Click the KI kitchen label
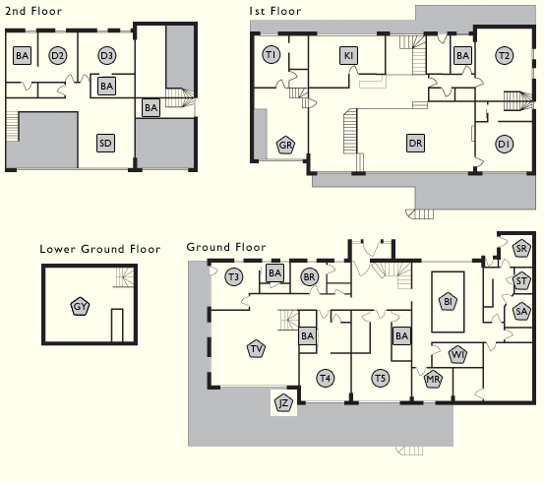[x=348, y=55]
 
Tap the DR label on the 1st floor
[x=415, y=143]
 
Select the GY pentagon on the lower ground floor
[x=80, y=306]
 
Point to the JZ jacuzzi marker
[x=283, y=403]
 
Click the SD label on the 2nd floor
[x=105, y=143]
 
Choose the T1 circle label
[x=271, y=54]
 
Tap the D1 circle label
[x=504, y=144]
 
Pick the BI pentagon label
[x=448, y=301]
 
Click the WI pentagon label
[x=457, y=355]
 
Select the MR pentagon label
[x=433, y=379]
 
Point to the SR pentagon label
[x=521, y=248]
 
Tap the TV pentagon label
[x=257, y=349]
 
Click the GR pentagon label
[x=285, y=145]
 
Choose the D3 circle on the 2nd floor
[x=106, y=55]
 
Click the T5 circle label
[x=381, y=378]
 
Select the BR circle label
[x=309, y=277]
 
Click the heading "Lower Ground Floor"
[x=100, y=249]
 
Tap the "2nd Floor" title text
[x=33, y=11]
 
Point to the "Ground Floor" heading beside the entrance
[x=226, y=247]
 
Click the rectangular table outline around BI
[x=432, y=301]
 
